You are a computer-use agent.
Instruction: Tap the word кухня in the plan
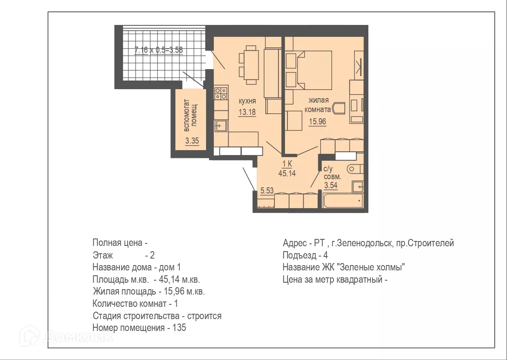point(247,101)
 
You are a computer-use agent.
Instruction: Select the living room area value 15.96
point(317,121)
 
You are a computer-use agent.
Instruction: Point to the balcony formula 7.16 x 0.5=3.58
point(159,51)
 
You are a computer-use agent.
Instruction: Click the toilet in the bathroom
point(354,168)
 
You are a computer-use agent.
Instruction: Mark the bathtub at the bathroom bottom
point(343,200)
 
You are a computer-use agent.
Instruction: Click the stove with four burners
point(221,94)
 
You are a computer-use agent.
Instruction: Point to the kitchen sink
point(221,125)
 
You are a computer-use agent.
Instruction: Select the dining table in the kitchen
point(251,65)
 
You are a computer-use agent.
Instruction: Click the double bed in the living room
point(315,70)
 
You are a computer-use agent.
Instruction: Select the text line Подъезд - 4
point(305,256)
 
